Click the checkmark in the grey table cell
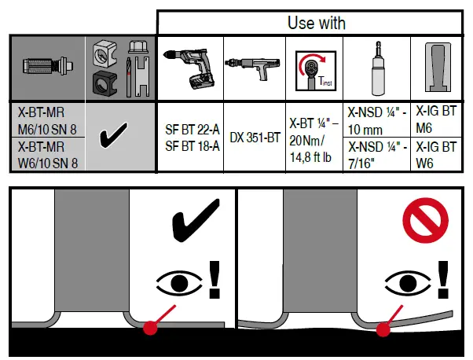pyautogui.click(x=119, y=138)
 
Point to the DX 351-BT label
pyautogui.click(x=255, y=138)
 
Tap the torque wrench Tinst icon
pyautogui.click(x=314, y=70)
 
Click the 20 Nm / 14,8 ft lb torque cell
pyautogui.click(x=314, y=138)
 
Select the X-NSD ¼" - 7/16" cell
pyautogui.click(x=376, y=154)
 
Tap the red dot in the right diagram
pyautogui.click(x=383, y=329)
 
